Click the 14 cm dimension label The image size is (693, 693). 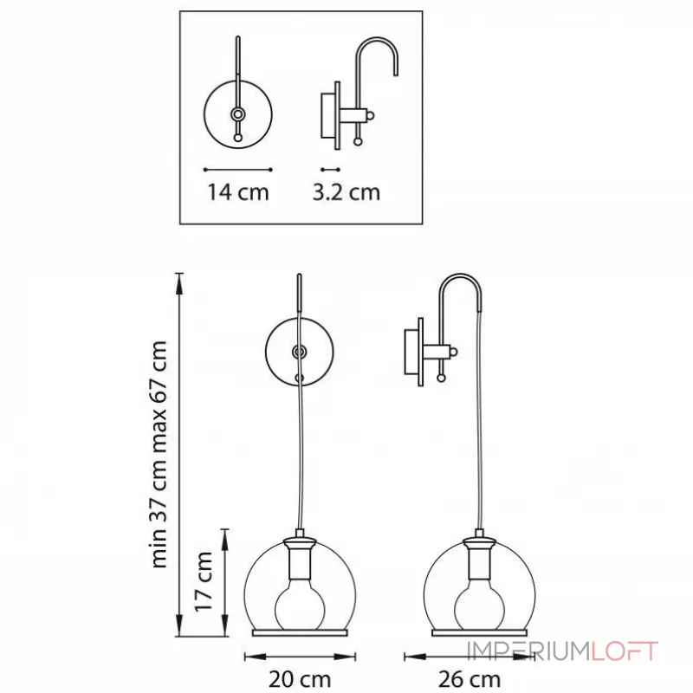[x=238, y=192]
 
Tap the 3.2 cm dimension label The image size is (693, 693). [x=346, y=192]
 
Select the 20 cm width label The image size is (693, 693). [x=300, y=679]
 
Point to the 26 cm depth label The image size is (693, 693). [x=470, y=679]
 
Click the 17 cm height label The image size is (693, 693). [x=204, y=581]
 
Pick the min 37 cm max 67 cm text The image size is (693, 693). [x=159, y=454]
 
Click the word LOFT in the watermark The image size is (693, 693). [x=624, y=651]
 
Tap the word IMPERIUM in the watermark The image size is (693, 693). [x=528, y=651]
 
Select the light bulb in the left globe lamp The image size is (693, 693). [x=300, y=607]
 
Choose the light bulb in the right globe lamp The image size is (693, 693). [x=479, y=607]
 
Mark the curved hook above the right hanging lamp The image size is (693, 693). [x=460, y=275]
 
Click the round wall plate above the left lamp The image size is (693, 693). [x=267, y=352]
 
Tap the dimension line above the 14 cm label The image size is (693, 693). [x=237, y=169]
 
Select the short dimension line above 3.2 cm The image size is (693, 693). [x=330, y=169]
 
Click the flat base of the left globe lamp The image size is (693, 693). [x=300, y=633]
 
